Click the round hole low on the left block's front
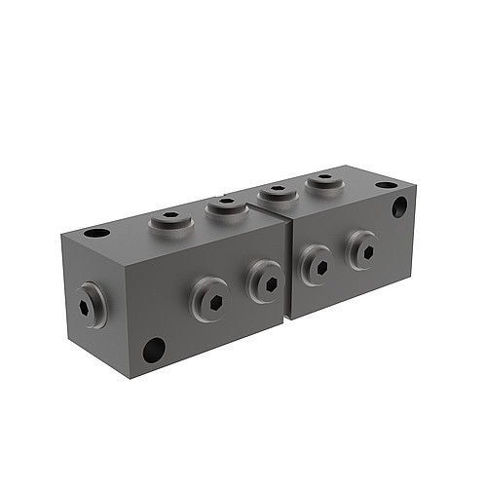[x=153, y=349]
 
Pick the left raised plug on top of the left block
[x=170, y=219]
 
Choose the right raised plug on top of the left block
[x=226, y=205]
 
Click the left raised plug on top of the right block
[x=279, y=192]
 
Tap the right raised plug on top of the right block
[x=323, y=181]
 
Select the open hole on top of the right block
[x=387, y=185]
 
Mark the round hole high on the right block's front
[x=400, y=206]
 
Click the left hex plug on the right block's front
[x=316, y=264]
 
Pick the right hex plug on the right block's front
[x=362, y=250]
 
